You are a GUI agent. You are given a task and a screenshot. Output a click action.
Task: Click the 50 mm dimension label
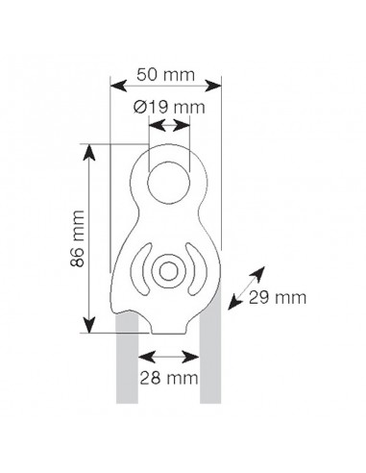(x=165, y=75)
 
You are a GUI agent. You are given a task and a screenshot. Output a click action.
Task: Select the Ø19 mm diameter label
(x=169, y=107)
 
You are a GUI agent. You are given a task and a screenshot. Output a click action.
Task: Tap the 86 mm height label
(x=78, y=238)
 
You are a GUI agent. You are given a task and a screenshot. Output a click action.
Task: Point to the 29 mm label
(x=278, y=298)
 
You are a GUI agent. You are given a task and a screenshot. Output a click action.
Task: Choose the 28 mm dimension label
(x=169, y=378)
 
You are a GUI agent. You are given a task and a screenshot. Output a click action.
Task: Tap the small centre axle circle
(x=169, y=272)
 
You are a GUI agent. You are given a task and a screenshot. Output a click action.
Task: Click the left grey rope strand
(x=127, y=359)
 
